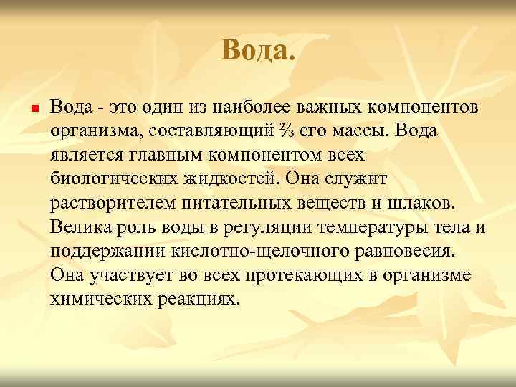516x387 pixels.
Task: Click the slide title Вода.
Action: click(x=258, y=51)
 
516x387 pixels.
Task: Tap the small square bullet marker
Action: click(x=24, y=108)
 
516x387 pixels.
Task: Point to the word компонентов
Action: click(x=429, y=107)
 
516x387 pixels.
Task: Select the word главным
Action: click(x=153, y=155)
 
